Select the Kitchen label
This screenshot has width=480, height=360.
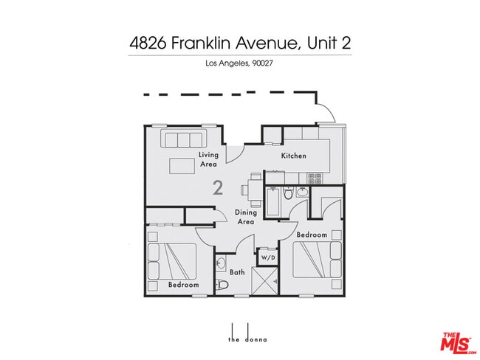293,156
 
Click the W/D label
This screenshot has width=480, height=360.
267,257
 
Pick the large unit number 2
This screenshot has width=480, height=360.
218,187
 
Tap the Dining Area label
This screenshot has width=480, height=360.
245,217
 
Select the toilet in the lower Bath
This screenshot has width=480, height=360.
222,284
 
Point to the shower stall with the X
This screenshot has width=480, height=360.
266,281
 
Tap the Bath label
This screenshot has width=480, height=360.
237,272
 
